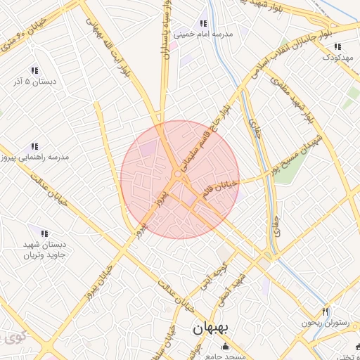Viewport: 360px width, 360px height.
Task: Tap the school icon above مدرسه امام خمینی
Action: (203, 23)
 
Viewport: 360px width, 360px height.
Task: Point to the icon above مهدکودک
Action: (337, 46)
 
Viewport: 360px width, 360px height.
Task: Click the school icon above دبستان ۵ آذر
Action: (34, 70)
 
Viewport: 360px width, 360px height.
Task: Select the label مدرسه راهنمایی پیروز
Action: (36, 157)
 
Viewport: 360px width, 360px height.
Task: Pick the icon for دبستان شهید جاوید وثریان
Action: (44, 233)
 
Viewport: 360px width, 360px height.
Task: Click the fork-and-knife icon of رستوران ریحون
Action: (325, 311)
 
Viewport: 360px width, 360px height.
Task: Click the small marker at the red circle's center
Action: (177, 175)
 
